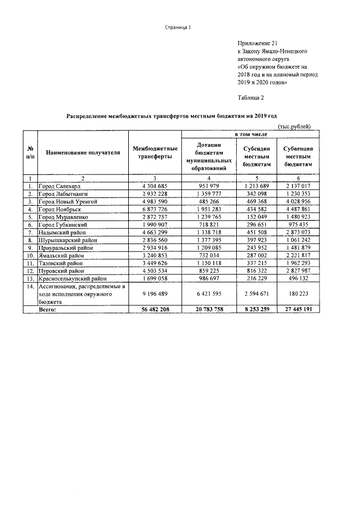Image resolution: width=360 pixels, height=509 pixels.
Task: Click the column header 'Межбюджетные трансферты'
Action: (x=155, y=152)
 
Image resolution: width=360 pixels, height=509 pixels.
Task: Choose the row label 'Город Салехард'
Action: (x=61, y=185)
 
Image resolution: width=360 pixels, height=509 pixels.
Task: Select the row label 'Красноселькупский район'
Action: (x=73, y=278)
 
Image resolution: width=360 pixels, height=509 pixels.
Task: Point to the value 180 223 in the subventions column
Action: (x=298, y=294)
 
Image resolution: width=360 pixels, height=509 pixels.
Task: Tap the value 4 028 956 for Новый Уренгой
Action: (x=298, y=201)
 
